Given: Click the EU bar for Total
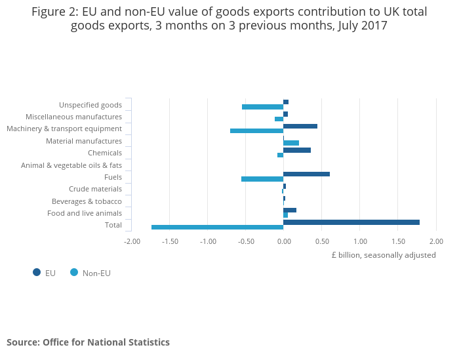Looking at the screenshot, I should [351, 222].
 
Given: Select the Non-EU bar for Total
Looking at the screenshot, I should [217, 228].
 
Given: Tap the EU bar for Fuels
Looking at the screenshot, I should [306, 174].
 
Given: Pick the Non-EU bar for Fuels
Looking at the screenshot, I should [262, 179].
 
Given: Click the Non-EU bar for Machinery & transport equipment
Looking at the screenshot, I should [256, 130].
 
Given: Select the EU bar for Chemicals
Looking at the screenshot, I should [297, 150].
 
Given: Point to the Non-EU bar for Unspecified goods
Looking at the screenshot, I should [262, 107].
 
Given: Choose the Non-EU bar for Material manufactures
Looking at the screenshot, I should [291, 143].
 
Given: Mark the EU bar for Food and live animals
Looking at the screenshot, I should [290, 210].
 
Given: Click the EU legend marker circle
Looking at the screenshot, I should [37, 272].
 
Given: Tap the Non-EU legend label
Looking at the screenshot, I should [96, 273].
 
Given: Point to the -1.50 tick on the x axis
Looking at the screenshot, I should [170, 241].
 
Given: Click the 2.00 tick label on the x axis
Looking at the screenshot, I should [436, 241].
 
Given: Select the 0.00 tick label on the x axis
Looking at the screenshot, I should [283, 241].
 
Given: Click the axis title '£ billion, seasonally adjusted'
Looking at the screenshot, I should [384, 255].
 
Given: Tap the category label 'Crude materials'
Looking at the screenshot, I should [95, 189].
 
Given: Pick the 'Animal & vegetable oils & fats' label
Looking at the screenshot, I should [71, 165].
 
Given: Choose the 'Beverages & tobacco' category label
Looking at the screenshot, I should [87, 201].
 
